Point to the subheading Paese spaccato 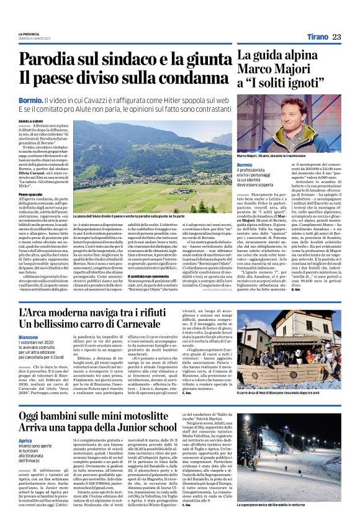(31, 194)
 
